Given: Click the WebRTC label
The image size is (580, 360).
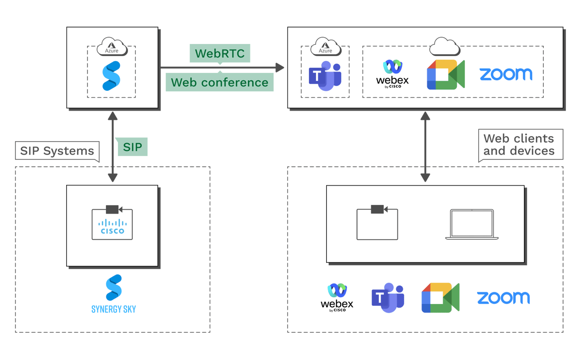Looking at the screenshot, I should coord(219,52).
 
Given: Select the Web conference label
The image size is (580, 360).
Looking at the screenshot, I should coord(219,82).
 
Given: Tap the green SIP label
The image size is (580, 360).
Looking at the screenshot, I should coord(132,147).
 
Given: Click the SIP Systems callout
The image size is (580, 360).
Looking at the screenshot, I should coord(57,151).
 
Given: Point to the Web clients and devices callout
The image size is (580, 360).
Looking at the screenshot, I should coord(519,144).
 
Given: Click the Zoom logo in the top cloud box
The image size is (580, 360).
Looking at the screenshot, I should coord(506,74).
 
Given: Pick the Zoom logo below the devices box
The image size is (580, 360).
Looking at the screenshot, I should coord(503,298).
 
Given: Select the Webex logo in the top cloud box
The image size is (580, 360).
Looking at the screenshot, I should coord(392,74).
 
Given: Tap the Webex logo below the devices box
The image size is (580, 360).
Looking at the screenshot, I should coord(337,298).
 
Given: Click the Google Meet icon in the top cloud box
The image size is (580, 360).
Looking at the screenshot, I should coord(445,75).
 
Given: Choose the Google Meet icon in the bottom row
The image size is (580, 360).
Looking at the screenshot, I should coord(440,298).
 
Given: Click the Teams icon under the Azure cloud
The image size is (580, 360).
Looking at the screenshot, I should coord(325,77).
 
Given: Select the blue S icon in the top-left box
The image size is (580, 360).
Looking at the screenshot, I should coord(111,76).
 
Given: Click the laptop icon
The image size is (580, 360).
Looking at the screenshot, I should coord(472,224).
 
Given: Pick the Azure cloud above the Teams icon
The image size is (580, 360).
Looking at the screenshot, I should coord(325,47).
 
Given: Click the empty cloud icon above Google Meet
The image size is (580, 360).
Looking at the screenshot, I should coord(445,46).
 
